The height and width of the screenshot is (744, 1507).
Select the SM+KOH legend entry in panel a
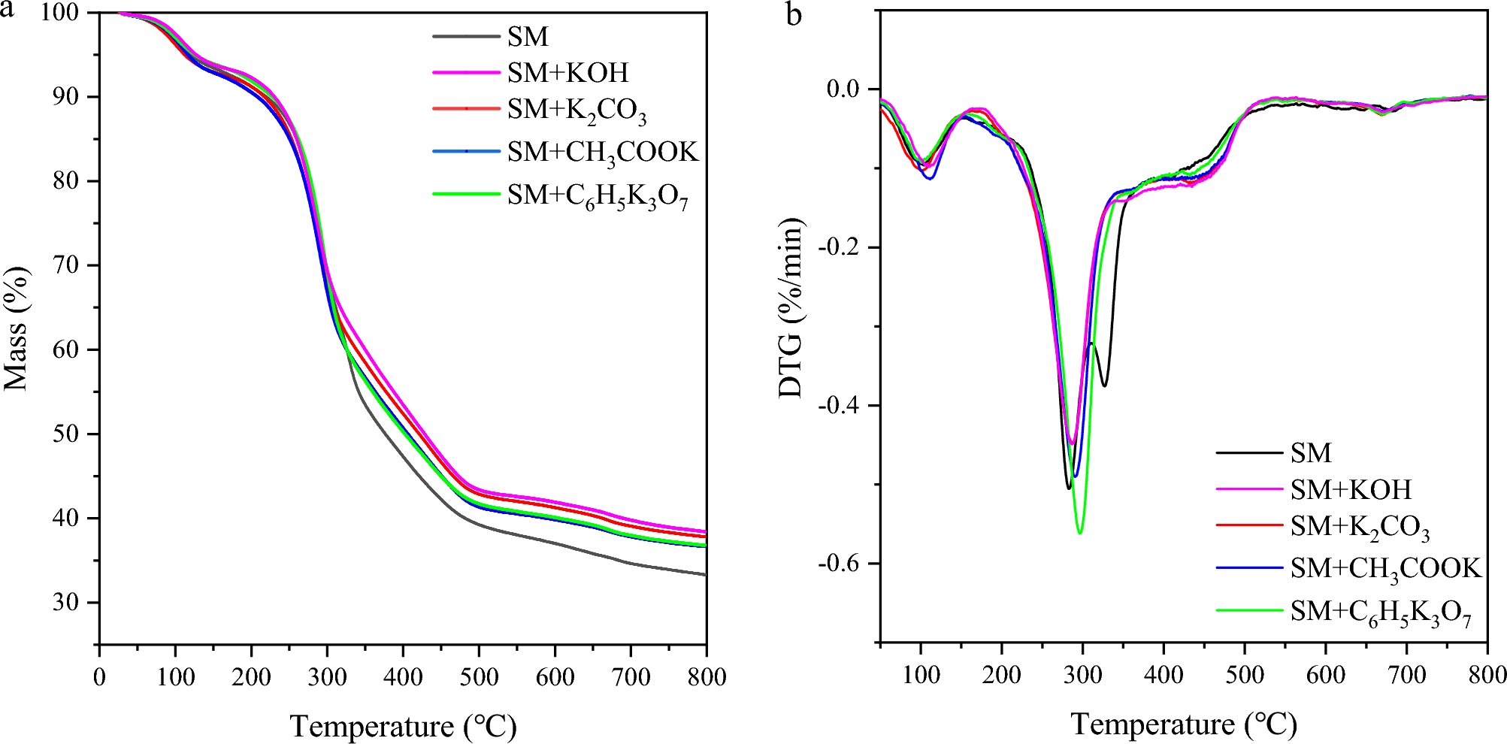point(567,73)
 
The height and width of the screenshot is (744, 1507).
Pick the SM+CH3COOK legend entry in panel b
point(1384,569)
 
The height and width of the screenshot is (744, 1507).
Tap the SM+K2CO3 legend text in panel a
point(576,110)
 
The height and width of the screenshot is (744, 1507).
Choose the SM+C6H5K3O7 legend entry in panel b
point(1380,612)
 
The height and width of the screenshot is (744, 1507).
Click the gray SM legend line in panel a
point(466,37)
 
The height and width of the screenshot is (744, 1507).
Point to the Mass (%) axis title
point(17,328)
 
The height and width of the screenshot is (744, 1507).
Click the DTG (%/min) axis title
point(791,308)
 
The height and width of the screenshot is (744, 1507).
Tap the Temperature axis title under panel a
point(403,727)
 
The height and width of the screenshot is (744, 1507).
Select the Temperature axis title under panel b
point(1184,724)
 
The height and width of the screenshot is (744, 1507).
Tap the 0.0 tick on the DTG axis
point(843,89)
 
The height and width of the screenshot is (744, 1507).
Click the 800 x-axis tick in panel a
point(705,677)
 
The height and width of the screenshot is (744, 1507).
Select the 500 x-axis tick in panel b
point(1245,675)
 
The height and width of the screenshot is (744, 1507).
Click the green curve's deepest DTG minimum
point(1080,533)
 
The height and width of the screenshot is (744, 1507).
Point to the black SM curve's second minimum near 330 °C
point(1104,386)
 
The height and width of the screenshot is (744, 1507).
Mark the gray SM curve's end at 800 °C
point(705,575)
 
